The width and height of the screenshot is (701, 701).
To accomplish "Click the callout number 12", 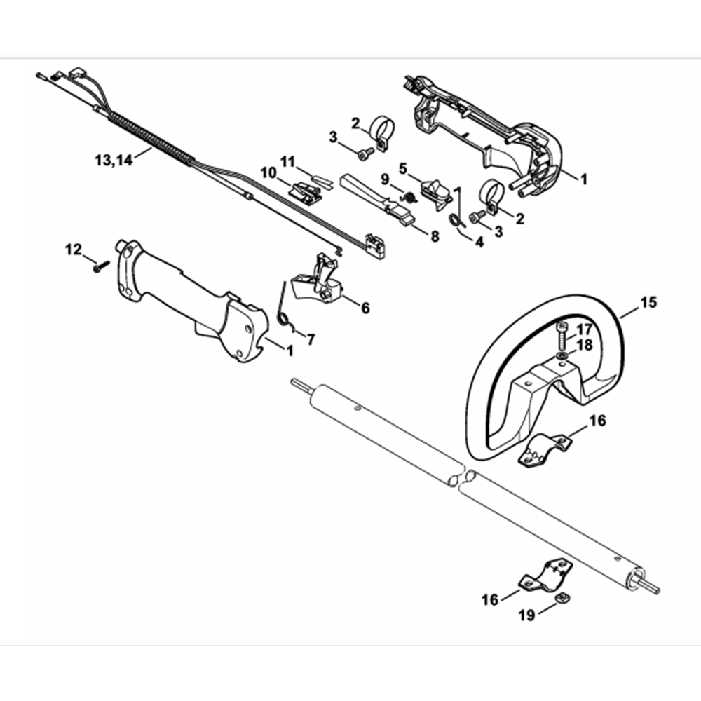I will [x=74, y=249].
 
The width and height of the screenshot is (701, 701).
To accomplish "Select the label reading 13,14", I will [x=112, y=159].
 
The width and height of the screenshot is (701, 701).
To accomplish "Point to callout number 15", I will [x=648, y=304].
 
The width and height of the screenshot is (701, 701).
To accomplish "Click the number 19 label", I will [x=526, y=615].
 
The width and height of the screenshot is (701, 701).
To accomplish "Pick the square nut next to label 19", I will [x=561, y=598].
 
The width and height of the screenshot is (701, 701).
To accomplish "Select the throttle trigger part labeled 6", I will [x=320, y=280].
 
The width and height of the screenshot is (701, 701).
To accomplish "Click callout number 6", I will [x=365, y=307].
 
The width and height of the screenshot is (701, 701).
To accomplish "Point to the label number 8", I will [x=435, y=237].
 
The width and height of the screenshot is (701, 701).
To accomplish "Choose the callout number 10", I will [x=268, y=172].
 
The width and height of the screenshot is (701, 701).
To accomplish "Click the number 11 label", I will [x=287, y=161].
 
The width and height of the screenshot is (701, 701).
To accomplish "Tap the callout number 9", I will [x=385, y=179].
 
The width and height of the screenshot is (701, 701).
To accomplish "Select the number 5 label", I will [x=403, y=168].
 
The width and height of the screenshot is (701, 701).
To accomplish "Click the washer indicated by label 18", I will [x=563, y=356].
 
